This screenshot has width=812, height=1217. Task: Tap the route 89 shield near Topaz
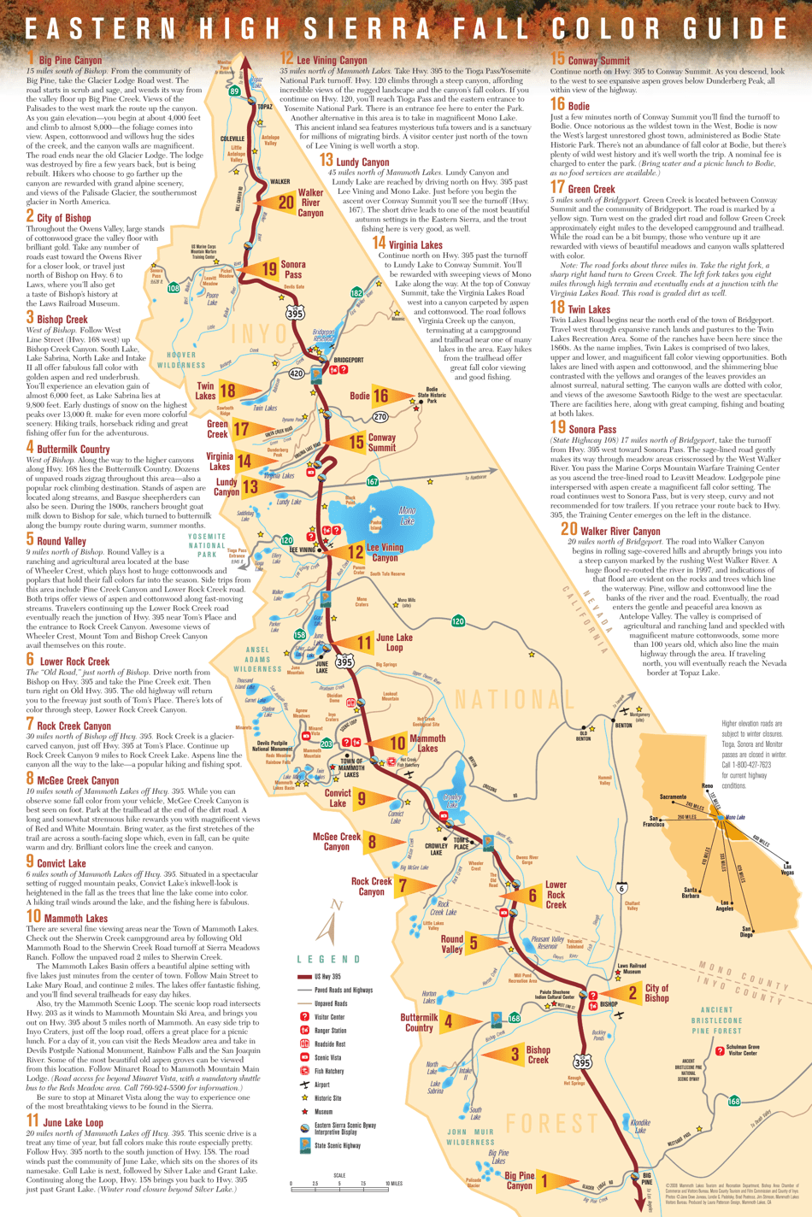234,91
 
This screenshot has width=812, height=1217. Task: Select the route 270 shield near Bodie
380,417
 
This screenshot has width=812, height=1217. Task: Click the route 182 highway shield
356,293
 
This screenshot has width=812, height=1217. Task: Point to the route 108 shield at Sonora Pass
174,288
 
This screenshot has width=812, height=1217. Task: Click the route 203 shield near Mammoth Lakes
326,744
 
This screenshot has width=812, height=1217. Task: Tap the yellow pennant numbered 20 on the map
284,203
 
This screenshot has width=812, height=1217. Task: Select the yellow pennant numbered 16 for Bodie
381,396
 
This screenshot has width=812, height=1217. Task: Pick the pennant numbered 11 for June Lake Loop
363,642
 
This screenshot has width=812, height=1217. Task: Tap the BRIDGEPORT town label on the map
348,360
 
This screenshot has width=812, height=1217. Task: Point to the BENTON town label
623,725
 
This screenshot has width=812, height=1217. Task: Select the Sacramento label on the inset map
673,797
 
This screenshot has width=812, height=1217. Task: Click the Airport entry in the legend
323,1085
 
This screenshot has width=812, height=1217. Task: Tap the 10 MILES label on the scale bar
392,1184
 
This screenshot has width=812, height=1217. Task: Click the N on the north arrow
337,905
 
